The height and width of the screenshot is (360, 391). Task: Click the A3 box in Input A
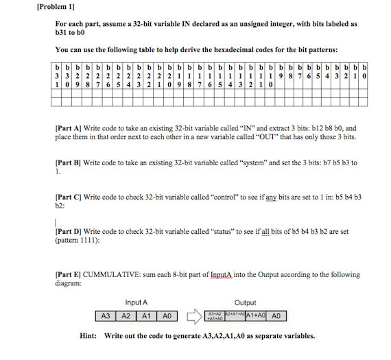point(106,316)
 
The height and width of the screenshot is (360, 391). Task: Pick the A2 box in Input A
point(126,316)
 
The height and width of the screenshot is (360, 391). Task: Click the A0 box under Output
point(276,316)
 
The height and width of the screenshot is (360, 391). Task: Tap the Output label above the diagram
point(245,302)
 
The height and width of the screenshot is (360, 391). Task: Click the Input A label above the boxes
point(137,302)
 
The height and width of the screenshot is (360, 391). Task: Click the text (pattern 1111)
point(76,240)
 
